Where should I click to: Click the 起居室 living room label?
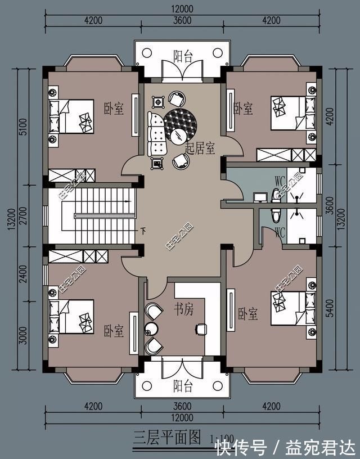click(200, 148)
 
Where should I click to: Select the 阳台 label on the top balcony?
click(182, 56)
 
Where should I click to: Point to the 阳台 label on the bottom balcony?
click(182, 386)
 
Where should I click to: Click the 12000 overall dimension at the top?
click(182, 9)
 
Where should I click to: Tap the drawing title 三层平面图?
click(167, 436)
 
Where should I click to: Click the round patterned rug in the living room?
click(181, 127)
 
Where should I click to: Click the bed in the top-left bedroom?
click(71, 116)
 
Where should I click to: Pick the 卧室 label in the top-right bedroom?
click(242, 109)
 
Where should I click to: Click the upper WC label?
click(280, 181)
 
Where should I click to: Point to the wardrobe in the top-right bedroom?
click(286, 155)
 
